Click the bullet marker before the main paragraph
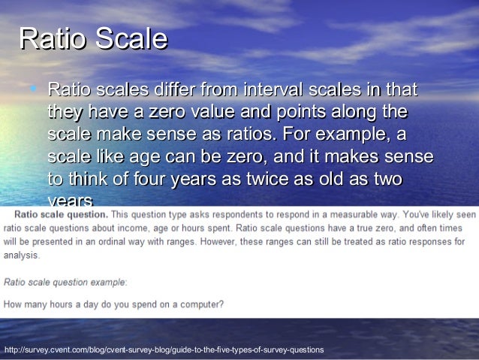(x=33, y=91)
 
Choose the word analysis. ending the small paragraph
(x=20, y=256)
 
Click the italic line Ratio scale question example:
(x=65, y=283)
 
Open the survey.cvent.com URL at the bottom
(x=164, y=350)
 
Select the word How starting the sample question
(x=12, y=304)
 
